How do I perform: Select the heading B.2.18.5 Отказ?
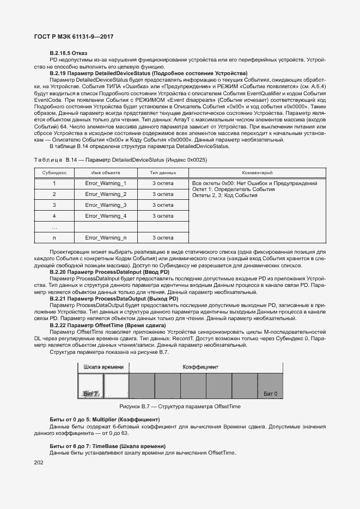(x=69, y=52)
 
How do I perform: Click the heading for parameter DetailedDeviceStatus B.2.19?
(x=148, y=73)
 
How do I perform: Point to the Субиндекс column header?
(x=54, y=172)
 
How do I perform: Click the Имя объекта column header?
(x=105, y=172)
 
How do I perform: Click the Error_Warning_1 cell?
(x=106, y=183)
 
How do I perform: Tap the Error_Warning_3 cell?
(x=106, y=205)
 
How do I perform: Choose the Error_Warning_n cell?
(x=106, y=238)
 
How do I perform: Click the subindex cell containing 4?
(x=54, y=216)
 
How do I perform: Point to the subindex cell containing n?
(x=54, y=238)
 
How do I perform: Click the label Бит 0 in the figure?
(x=270, y=393)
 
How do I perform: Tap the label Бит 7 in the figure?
(x=90, y=393)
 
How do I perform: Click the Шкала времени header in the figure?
(x=103, y=367)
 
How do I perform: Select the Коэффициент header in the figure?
(x=200, y=367)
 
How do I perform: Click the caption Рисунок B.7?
(x=180, y=407)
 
